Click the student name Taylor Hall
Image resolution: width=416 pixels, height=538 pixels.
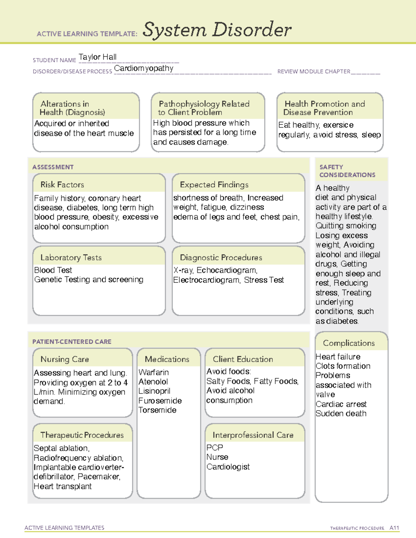click(97, 57)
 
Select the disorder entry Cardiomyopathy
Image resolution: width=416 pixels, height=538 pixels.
click(144, 68)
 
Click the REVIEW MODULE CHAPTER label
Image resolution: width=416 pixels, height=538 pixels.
click(314, 71)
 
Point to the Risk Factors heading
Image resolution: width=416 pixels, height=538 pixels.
click(62, 185)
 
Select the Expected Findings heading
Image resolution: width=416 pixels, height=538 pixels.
click(214, 185)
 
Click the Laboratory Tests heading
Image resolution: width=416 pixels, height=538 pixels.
click(71, 257)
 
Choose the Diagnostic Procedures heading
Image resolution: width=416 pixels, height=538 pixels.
click(221, 257)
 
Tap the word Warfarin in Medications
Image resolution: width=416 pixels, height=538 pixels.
click(154, 372)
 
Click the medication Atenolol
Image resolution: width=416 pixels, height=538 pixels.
click(153, 381)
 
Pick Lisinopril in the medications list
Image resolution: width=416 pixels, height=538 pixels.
click(154, 391)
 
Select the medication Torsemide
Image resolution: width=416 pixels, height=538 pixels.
click(157, 410)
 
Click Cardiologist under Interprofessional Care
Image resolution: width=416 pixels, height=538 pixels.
click(228, 467)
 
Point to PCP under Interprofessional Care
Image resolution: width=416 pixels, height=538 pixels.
click(215, 448)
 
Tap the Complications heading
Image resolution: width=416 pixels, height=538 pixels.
click(349, 343)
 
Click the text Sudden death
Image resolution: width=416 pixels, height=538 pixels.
click(341, 413)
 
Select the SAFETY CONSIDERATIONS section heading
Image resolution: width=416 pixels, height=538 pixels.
click(347, 171)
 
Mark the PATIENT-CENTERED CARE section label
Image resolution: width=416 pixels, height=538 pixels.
click(72, 342)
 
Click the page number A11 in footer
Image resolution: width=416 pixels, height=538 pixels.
click(394, 528)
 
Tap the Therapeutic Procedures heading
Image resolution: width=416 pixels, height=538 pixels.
click(82, 435)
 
